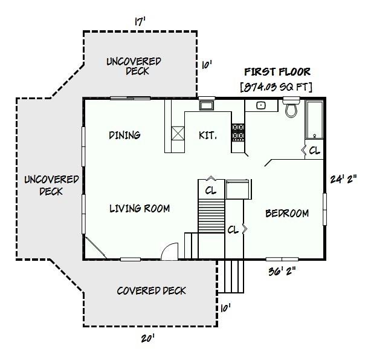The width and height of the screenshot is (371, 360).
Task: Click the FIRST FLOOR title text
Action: (x=277, y=72)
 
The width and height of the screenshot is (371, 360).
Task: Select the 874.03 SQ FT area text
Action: (x=277, y=87)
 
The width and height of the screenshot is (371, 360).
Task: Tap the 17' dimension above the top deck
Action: (x=140, y=21)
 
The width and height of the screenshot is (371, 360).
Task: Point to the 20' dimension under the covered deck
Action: (x=148, y=339)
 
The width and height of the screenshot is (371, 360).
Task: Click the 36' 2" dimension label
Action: (x=282, y=271)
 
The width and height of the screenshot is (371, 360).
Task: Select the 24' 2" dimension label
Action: (x=343, y=179)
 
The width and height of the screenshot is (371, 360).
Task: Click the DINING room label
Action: (x=124, y=135)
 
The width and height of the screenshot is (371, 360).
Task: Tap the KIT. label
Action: (x=207, y=135)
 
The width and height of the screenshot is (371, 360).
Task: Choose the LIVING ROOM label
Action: (x=139, y=209)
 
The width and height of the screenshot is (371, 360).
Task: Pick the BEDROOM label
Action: (x=287, y=213)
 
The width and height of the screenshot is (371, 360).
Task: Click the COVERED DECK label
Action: (x=151, y=291)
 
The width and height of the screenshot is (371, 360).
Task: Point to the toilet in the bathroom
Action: (x=292, y=110)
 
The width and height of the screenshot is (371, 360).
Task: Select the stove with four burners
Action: (x=238, y=133)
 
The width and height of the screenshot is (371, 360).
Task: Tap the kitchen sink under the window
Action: (x=207, y=105)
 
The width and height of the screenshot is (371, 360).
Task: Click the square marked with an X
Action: (x=178, y=133)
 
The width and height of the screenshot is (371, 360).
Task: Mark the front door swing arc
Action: (x=170, y=250)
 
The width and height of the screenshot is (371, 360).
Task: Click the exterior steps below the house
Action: (x=233, y=276)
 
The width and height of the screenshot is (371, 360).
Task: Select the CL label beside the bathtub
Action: (x=314, y=151)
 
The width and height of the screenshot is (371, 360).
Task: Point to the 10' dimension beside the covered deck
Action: (x=225, y=308)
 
